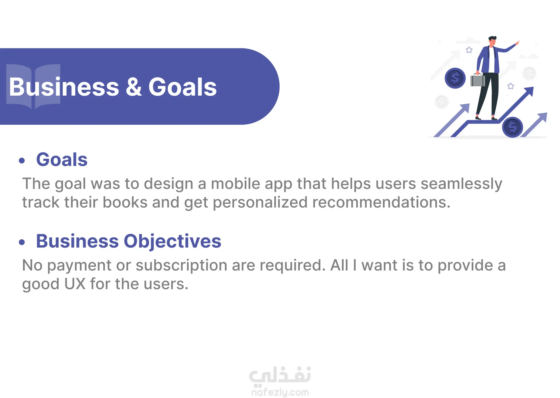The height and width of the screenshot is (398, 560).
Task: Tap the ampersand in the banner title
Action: tap(134, 87)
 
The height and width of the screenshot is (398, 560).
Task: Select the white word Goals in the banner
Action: tap(183, 87)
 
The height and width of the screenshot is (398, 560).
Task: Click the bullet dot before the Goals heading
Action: tap(22, 160)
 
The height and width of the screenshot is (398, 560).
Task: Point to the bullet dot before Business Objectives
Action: tap(22, 242)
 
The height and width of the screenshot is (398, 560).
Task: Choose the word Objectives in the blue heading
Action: tap(172, 242)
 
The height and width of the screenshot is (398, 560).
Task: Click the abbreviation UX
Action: tap(75, 284)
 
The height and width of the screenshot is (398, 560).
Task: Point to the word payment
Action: tap(79, 266)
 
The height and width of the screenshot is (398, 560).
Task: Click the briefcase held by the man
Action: tap(477, 80)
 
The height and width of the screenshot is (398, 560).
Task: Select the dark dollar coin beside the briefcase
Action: tap(455, 78)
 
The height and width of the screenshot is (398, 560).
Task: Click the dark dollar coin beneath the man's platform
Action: tap(512, 127)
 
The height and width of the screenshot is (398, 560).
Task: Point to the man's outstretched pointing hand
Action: tap(517, 43)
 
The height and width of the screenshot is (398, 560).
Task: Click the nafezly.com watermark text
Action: tap(280, 392)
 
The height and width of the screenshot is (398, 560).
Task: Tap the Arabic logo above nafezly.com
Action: tap(280, 375)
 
